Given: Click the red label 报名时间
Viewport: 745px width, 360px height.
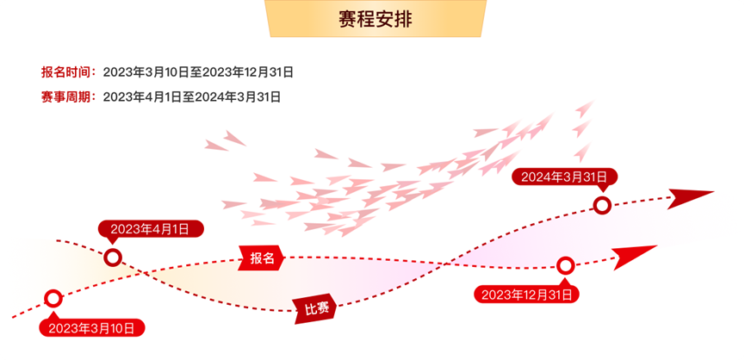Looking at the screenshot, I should [69, 71].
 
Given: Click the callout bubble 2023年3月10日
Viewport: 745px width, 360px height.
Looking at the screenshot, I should [92, 327].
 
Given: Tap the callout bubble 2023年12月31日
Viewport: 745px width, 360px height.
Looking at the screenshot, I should [526, 295].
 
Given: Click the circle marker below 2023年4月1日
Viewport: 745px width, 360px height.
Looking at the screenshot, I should [112, 258].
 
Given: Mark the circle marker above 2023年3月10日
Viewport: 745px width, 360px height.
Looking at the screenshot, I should [53, 299].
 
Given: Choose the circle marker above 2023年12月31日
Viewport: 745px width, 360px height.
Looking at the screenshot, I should [565, 265].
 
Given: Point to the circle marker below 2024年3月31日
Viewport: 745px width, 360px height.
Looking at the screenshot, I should [603, 205].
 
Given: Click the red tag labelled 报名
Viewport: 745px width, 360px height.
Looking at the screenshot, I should [262, 258].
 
